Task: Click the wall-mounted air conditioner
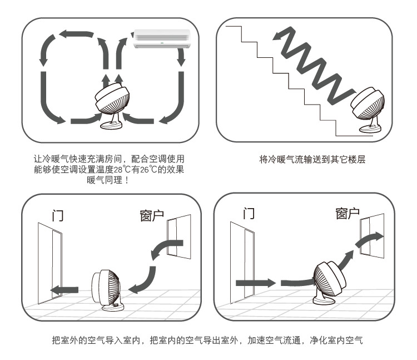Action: click(x=162, y=39)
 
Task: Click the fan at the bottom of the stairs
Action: click(x=369, y=110)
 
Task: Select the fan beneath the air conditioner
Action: click(x=112, y=106)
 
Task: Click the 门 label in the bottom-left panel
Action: click(x=58, y=215)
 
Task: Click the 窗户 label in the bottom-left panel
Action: click(x=152, y=215)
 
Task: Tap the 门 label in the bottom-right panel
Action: click(x=249, y=214)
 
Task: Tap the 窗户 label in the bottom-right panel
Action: click(x=348, y=214)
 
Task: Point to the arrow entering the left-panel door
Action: click(x=64, y=290)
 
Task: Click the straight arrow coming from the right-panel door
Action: click(x=256, y=283)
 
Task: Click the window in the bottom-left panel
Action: click(x=179, y=236)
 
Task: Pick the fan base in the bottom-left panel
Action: click(x=113, y=307)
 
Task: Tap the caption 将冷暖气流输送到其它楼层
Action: click(x=312, y=159)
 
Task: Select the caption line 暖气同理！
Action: click(x=108, y=180)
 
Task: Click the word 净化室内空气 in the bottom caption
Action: click(x=336, y=340)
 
